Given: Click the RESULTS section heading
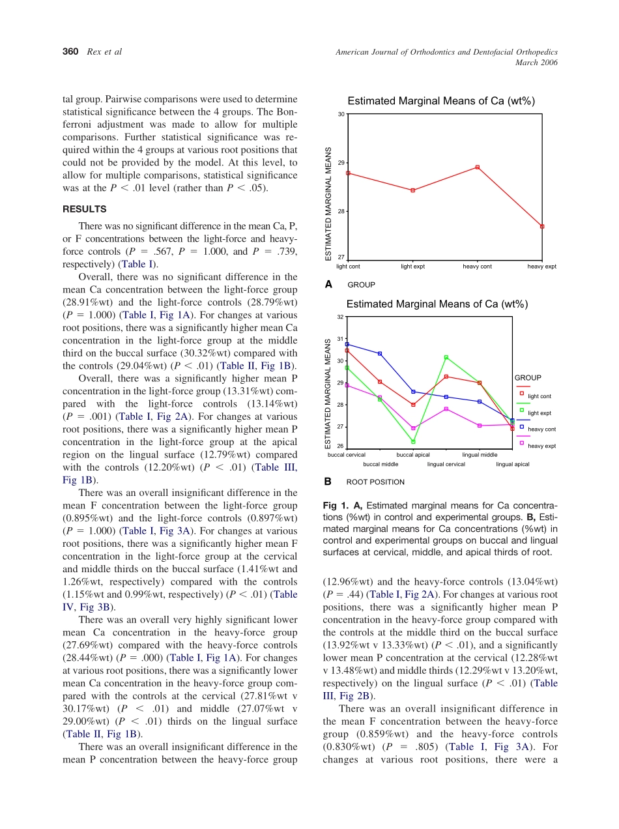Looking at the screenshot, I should click(84, 209).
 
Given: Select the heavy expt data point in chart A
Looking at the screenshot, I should click(542, 226).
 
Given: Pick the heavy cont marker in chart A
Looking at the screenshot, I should click(478, 167).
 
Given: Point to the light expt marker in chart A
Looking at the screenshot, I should click(412, 190).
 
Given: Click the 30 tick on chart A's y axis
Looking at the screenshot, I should click(341, 114).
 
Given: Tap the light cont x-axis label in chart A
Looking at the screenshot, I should click(348, 266).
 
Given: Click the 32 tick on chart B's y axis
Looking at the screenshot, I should click(340, 317).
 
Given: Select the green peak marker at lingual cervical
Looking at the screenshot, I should click(446, 357).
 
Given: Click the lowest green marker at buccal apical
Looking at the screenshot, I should click(413, 441).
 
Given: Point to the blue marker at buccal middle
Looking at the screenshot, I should click(380, 353).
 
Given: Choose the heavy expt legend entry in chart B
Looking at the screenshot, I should click(541, 446).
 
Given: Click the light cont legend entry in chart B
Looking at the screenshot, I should click(539, 396).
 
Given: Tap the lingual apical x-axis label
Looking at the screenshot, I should click(512, 464).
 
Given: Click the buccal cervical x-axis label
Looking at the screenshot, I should click(346, 454).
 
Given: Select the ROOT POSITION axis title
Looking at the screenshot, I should click(375, 482).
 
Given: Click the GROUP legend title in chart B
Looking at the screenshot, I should click(528, 377).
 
